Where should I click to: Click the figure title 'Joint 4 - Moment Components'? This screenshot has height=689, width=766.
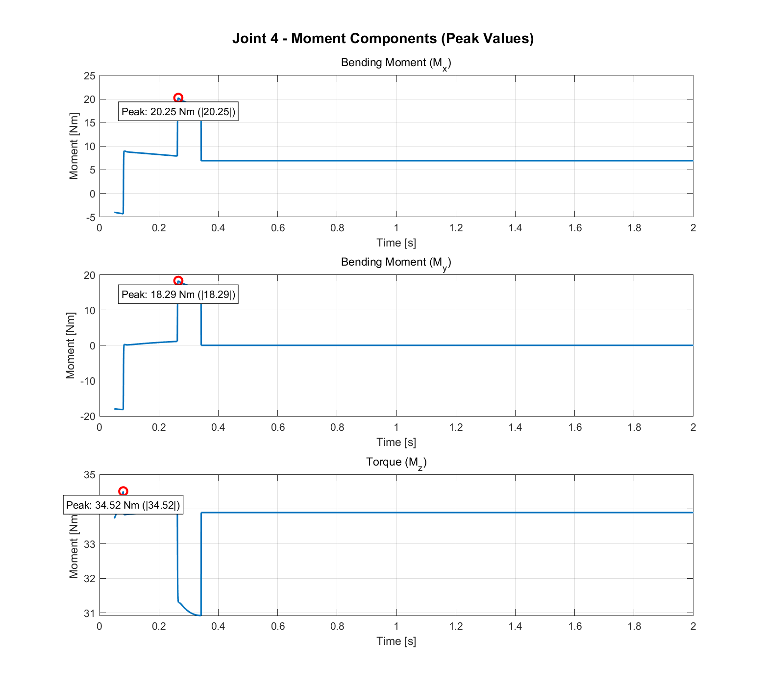pos(383,38)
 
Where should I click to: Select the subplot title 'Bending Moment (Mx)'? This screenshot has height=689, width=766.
pos(395,63)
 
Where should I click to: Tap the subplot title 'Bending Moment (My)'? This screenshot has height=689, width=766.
pos(395,263)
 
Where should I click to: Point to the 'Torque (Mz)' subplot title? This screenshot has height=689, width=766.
pos(396,462)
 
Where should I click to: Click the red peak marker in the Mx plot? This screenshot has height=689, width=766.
pos(178,98)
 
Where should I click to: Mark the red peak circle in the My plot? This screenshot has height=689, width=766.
pos(178,281)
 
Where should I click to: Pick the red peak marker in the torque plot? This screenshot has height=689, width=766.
pos(123,491)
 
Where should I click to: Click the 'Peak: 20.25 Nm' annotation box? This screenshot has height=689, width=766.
pos(178,112)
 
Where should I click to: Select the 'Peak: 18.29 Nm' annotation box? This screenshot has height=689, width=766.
pos(178,295)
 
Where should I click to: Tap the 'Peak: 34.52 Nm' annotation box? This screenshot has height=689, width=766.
pos(123,505)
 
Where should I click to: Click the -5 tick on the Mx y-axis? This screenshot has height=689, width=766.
pos(90,217)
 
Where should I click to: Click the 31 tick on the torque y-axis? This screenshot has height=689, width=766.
pos(90,613)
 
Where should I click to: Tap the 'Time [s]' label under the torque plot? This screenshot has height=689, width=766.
pos(396,641)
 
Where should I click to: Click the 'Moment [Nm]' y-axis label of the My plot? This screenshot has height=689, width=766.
pos(71,345)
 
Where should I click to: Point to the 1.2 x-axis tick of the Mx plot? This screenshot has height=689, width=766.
pos(456,228)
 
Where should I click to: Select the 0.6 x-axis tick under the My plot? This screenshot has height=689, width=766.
pos(278,427)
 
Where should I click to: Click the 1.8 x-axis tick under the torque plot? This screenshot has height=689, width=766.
pos(634,626)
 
